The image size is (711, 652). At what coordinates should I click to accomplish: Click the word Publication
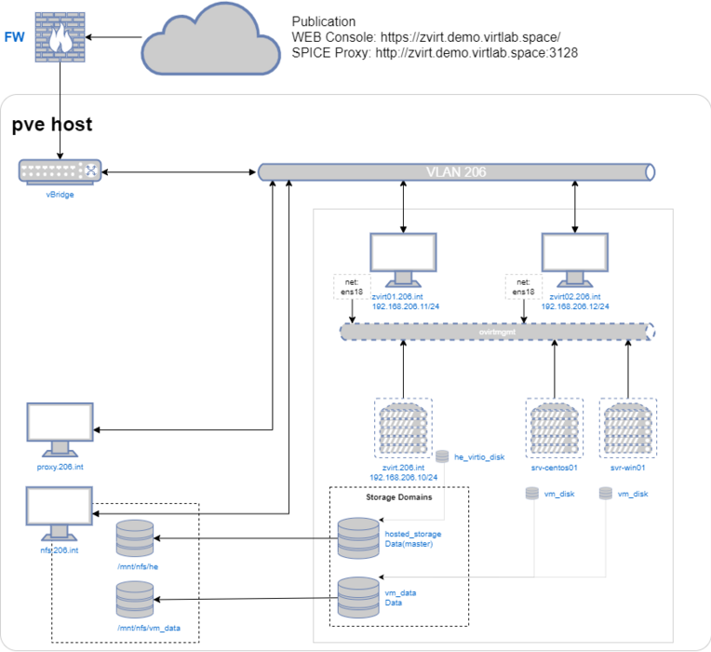click(x=324, y=21)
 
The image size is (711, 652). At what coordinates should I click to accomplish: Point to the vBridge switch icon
click(x=59, y=170)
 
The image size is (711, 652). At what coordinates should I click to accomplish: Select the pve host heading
click(x=52, y=126)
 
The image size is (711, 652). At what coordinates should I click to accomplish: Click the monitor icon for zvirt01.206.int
click(x=403, y=260)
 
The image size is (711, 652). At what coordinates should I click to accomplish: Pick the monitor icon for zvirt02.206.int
click(x=574, y=260)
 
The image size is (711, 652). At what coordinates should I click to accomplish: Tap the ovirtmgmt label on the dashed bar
click(x=494, y=332)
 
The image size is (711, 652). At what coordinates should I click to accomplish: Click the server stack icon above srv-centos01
click(x=555, y=427)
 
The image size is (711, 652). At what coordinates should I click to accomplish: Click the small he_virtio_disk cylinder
click(x=443, y=456)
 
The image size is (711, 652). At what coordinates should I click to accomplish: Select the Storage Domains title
click(x=397, y=498)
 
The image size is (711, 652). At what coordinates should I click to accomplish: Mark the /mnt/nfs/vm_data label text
click(x=148, y=628)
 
